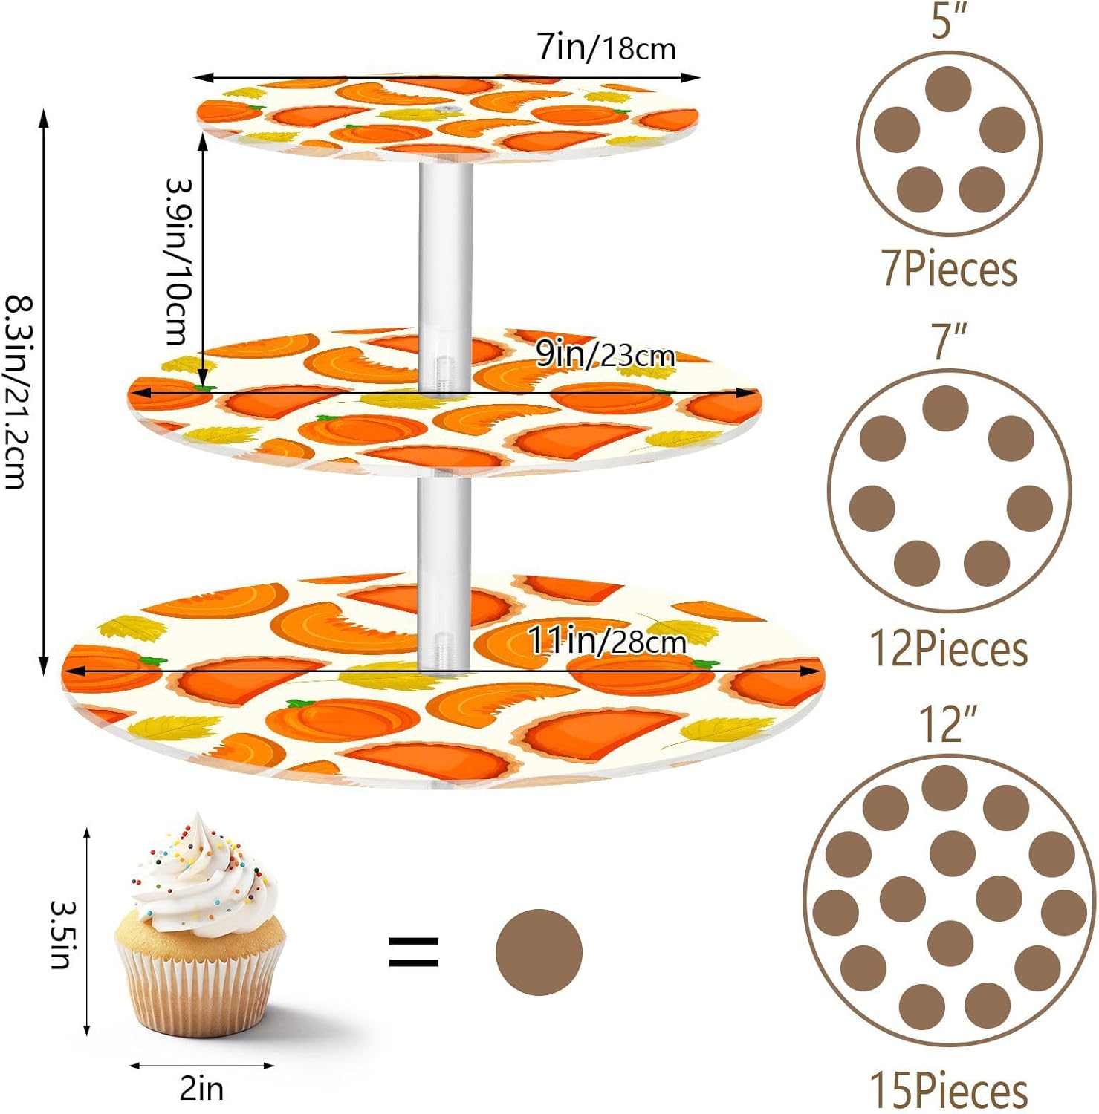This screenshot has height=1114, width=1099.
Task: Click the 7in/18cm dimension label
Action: pos(606,48)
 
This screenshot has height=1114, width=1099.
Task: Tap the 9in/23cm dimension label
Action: pos(605,355)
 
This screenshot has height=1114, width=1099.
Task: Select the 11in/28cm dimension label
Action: pos(606,640)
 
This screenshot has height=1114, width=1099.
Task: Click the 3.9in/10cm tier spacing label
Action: pos(178,261)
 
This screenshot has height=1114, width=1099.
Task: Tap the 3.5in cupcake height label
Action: pos(61,934)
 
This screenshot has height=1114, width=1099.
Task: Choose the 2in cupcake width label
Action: pos(201,1088)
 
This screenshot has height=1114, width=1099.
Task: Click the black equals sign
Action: pos(414,951)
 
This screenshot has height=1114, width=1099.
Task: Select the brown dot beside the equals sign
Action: pos(539,951)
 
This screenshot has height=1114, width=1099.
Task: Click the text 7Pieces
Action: pos(949,269)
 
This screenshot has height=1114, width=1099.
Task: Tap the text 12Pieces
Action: pos(949,649)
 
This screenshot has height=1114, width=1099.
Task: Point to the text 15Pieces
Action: pos(949,1090)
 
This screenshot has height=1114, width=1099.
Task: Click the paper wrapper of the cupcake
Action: pos(199,988)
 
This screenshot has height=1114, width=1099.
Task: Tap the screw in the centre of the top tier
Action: pos(448,109)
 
